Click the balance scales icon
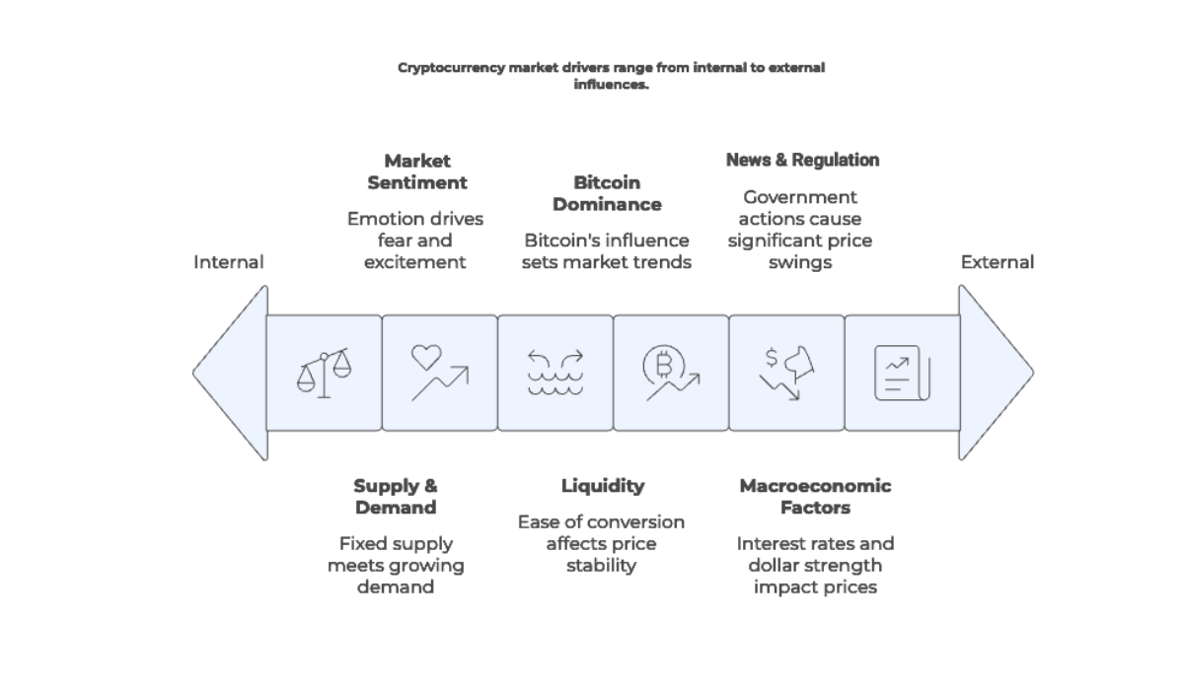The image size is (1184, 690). tap(324, 373)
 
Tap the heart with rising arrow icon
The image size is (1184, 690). tap(439, 373)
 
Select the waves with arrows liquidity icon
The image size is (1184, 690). tap(555, 373)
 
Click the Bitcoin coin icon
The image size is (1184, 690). tap(670, 373)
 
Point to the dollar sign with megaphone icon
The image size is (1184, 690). tap(786, 373)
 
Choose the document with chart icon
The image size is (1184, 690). tap(902, 373)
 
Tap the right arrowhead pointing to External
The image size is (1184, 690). tap(994, 373)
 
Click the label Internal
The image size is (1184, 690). tap(229, 262)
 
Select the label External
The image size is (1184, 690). tap(998, 262)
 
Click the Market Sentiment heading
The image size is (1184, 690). tap(416, 172)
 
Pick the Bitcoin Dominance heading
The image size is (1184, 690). tap(607, 193)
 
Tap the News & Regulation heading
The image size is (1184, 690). tap(802, 160)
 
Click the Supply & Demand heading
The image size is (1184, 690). tap(395, 497)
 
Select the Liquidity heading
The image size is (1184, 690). tap(602, 486)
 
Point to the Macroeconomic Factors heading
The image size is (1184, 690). tap(815, 497)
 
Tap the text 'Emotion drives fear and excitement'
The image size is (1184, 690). tap(415, 241)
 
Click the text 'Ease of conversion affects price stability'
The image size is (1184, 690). tap(601, 543)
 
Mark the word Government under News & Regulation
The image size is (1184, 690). tap(800, 197)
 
